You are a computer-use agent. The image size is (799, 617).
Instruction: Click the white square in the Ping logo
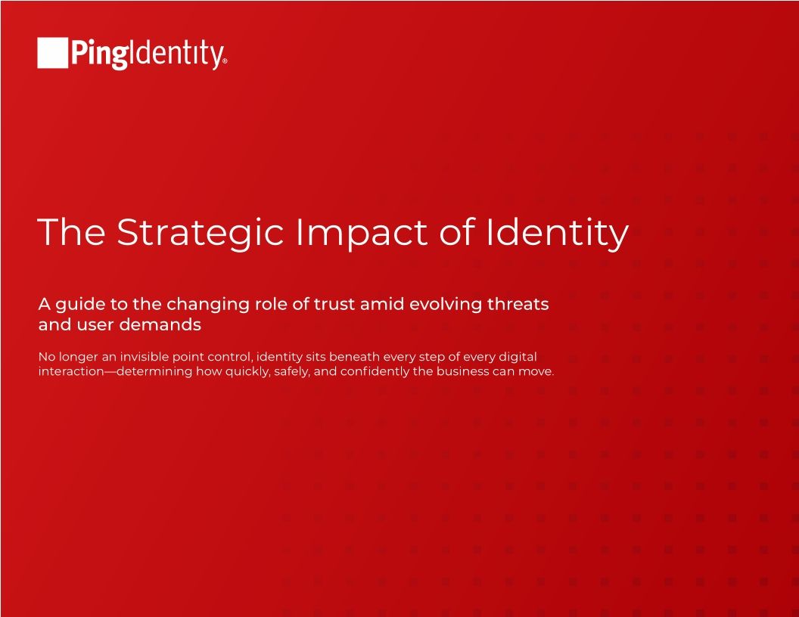(52, 53)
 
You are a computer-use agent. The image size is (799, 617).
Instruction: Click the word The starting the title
(71, 232)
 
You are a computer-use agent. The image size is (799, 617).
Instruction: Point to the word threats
(521, 305)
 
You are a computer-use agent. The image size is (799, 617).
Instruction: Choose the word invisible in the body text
(144, 356)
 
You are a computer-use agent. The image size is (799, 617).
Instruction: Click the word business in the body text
(462, 372)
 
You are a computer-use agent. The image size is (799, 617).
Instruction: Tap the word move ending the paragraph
(538, 372)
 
